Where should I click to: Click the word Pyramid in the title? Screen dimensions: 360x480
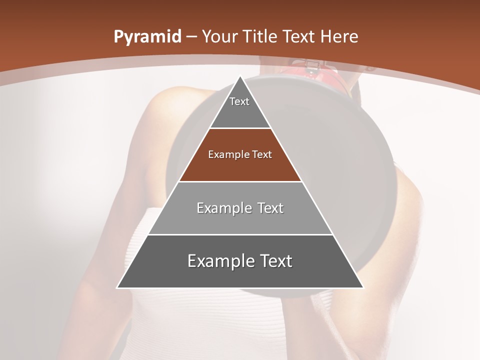click(147, 37)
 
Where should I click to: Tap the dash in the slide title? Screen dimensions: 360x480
click(192, 37)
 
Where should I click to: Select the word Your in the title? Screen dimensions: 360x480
click(220, 37)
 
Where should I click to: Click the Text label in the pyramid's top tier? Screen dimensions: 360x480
click(239, 101)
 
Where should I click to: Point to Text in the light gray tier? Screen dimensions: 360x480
click(271, 208)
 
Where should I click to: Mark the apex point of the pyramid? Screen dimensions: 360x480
click(240, 76)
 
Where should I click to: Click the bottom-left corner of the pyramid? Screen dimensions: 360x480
click(117, 287)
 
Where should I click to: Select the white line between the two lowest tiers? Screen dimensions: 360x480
click(240, 234)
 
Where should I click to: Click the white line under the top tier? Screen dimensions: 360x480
click(240, 128)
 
